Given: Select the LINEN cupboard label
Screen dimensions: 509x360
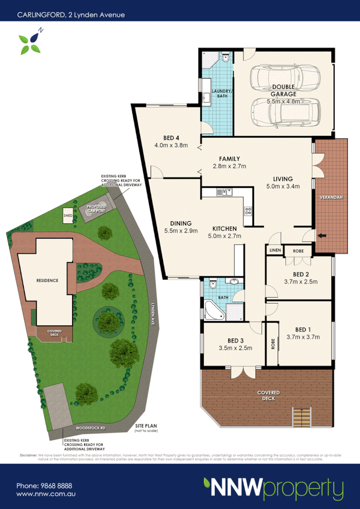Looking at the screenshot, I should click(x=275, y=251).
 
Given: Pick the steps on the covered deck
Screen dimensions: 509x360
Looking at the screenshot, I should click(x=300, y=418).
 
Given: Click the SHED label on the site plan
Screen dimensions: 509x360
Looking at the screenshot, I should click(x=68, y=216).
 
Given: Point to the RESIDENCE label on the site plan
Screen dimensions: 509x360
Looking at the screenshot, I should click(x=47, y=280).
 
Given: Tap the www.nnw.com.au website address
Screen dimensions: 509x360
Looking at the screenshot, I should click(x=46, y=494).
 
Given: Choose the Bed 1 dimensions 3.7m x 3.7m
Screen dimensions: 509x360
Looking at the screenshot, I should click(x=303, y=337).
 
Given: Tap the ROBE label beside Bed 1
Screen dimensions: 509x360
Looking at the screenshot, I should click(x=272, y=344).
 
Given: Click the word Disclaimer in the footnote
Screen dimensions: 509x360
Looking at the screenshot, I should click(x=28, y=455).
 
